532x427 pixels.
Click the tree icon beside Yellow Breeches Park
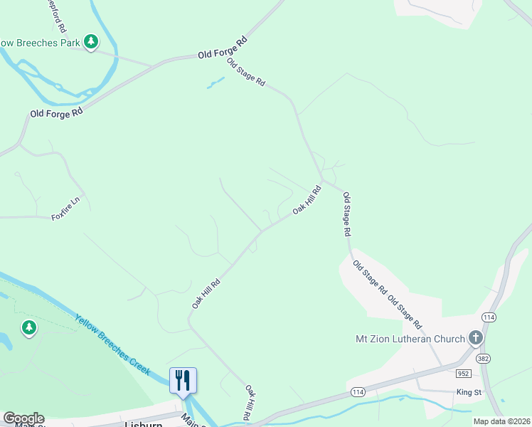tap(91, 43)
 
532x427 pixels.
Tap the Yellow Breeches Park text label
tap(39, 43)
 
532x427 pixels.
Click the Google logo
tap(23, 418)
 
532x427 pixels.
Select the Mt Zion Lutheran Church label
tap(410, 339)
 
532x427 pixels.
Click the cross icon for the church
tap(476, 338)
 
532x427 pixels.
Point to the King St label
tap(469, 391)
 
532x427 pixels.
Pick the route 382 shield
tap(484, 358)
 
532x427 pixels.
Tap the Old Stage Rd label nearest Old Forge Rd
tap(246, 72)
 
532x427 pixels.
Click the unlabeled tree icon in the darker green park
tap(28, 328)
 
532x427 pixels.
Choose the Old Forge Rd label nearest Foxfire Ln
tap(56, 112)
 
